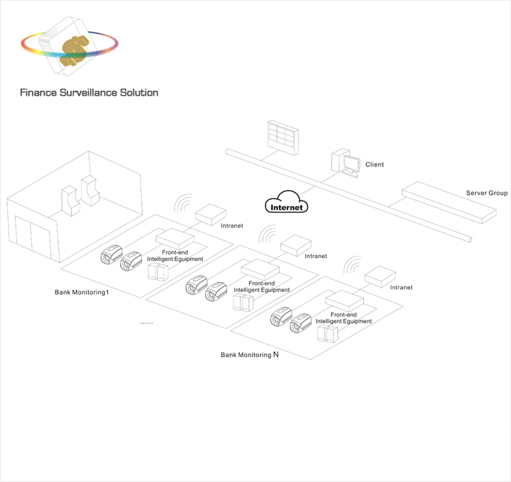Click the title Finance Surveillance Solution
89,93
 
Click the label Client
374,165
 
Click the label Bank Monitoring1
82,292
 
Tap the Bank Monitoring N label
249,354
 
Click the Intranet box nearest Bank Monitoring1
209,213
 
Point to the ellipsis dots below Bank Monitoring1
146,323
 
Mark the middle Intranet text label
316,256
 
